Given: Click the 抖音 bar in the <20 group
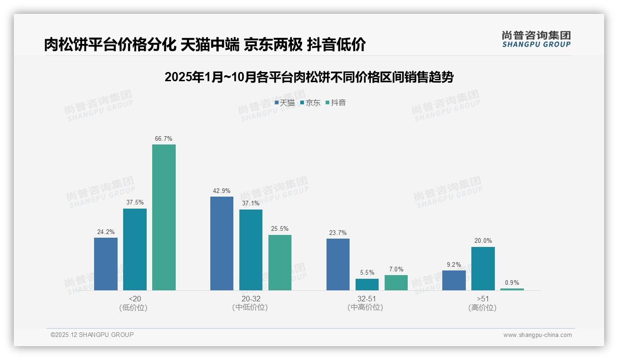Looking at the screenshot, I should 164,217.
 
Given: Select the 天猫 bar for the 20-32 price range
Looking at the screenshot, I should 222,243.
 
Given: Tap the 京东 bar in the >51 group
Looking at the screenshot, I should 483,268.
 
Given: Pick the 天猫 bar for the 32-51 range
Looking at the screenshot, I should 338,264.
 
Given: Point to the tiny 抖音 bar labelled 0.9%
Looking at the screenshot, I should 512,289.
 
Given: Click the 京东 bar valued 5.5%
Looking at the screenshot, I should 367,284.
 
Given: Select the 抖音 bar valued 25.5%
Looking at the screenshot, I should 280,262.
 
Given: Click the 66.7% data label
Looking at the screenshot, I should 164,138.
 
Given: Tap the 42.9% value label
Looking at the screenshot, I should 222,191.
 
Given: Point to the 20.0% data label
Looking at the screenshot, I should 483,240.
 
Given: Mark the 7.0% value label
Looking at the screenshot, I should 396,269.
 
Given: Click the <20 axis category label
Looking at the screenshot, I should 135,299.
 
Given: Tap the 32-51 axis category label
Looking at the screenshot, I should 367,299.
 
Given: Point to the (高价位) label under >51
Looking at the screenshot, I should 483,307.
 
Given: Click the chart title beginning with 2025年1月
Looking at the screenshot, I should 309,77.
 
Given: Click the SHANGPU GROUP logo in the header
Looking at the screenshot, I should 536,39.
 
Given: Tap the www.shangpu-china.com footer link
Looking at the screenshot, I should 537,335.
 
